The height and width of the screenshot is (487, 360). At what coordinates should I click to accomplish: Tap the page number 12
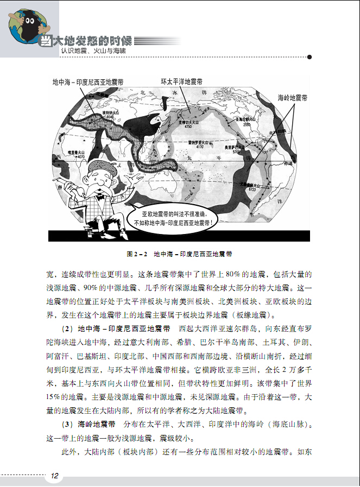54,476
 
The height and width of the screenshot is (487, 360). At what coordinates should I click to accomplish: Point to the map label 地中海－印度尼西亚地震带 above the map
88,82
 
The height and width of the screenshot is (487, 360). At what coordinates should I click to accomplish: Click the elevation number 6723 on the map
251,190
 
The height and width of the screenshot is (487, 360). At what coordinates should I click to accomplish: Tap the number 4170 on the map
199,146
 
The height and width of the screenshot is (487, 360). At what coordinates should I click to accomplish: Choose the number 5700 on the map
236,153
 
